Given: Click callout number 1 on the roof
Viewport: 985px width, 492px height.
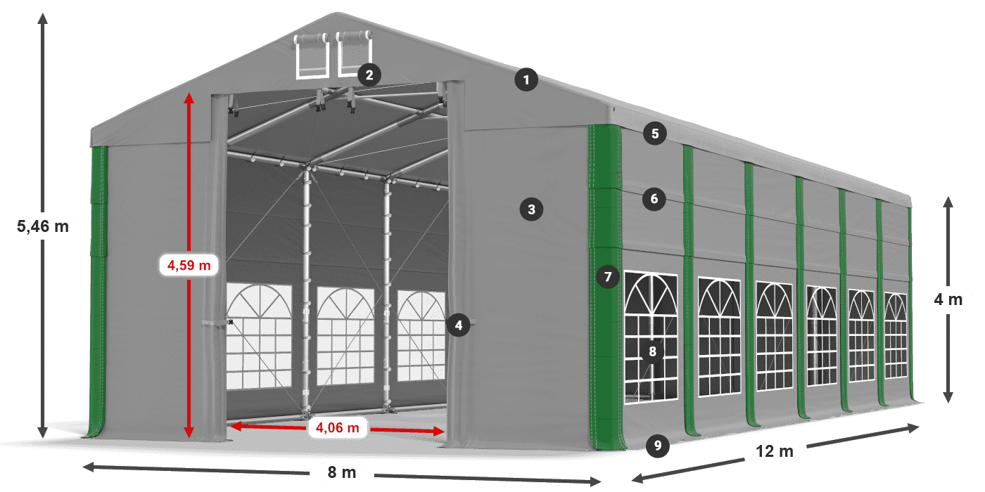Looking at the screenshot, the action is point(526,80).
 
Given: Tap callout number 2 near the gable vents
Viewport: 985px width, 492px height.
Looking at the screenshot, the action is point(369,75).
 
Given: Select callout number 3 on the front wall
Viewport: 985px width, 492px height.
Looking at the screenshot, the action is point(531,209).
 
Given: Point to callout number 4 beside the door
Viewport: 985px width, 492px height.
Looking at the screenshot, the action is point(458,325).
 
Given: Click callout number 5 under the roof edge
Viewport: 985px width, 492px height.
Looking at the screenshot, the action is point(655,134).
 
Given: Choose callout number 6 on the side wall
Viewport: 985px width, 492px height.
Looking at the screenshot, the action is point(654,199).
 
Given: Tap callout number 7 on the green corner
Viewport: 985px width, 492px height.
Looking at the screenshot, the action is point(608,277).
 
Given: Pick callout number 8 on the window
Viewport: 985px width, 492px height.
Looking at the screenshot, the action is point(652,351).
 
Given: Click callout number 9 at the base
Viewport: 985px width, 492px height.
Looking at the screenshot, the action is point(657,446).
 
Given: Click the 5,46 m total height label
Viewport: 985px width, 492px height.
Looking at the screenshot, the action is point(43,226).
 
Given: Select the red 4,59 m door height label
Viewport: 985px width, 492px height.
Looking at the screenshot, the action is point(189,266).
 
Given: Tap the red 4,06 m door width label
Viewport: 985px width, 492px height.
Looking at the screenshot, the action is point(337,427).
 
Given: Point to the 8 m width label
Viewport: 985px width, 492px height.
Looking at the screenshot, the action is point(342,472).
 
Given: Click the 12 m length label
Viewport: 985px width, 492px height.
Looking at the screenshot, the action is point(775,451).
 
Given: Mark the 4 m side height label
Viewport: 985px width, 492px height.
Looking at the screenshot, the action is point(948,299).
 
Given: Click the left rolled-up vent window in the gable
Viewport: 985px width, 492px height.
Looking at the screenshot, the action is point(312,55).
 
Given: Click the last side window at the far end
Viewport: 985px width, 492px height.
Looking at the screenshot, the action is point(895,335).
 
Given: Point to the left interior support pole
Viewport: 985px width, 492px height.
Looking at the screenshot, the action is point(306,292).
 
